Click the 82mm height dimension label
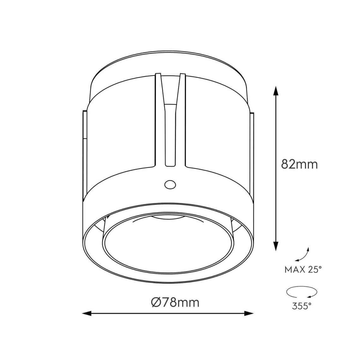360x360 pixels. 299,164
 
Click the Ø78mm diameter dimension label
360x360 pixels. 175,303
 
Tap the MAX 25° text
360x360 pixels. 303,269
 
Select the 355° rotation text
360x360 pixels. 302,306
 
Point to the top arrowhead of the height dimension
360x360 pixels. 276,90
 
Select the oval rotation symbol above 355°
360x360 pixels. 302,292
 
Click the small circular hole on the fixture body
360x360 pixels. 170,184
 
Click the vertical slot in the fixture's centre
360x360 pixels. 170,136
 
